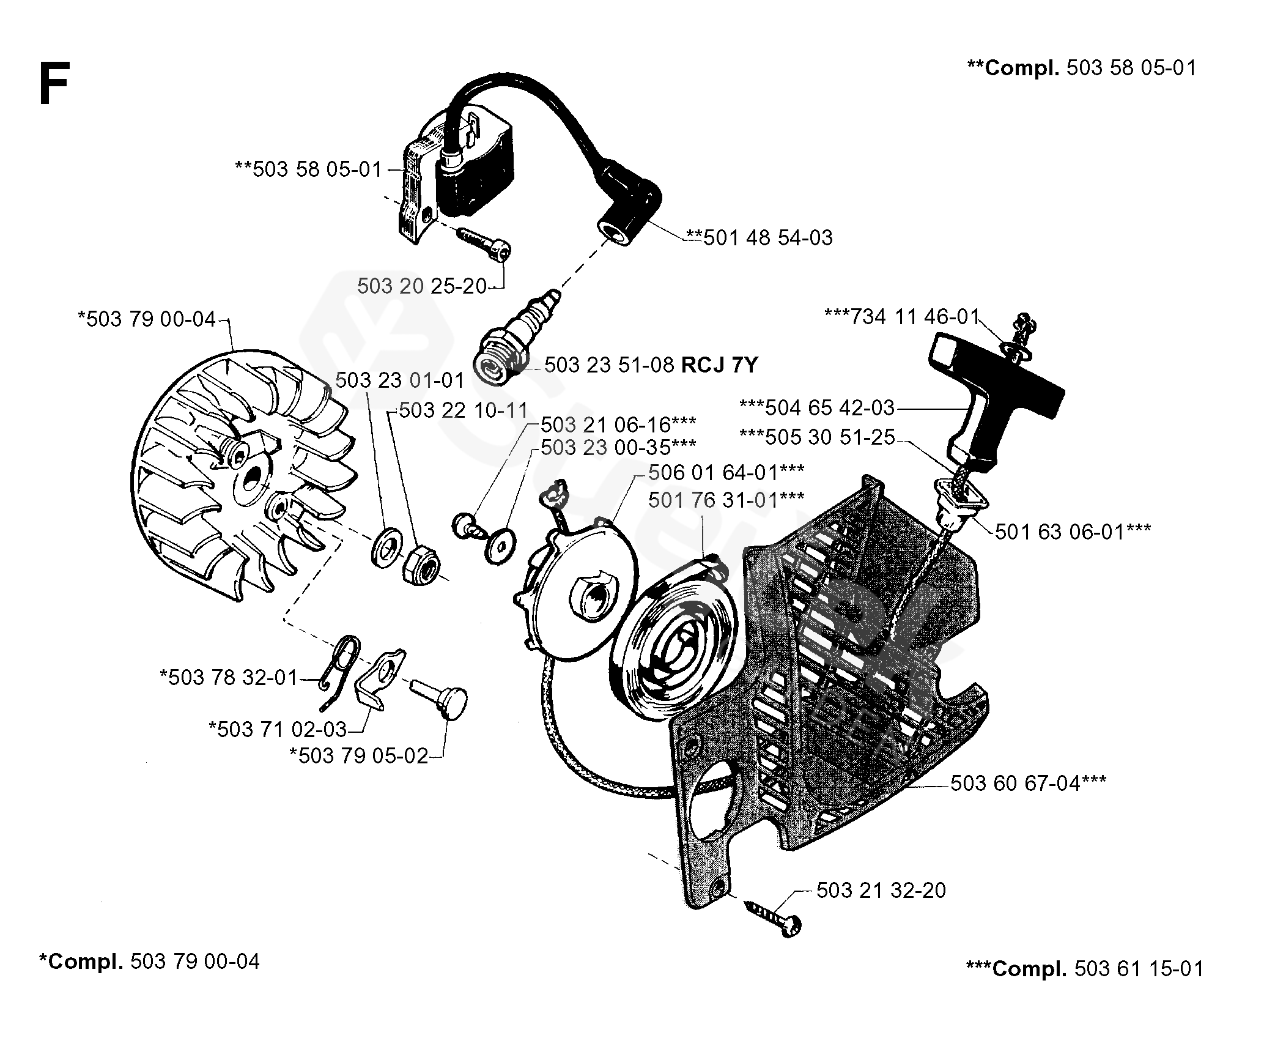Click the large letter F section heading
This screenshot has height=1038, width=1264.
click(x=53, y=85)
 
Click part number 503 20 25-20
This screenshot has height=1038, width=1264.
click(x=421, y=286)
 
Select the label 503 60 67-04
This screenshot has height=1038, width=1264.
click(x=1028, y=783)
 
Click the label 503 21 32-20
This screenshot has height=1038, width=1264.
click(x=881, y=890)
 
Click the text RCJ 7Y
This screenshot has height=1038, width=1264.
click(x=719, y=365)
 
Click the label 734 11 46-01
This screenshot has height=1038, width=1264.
click(x=902, y=317)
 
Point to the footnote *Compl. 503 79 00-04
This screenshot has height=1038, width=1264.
click(x=149, y=961)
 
